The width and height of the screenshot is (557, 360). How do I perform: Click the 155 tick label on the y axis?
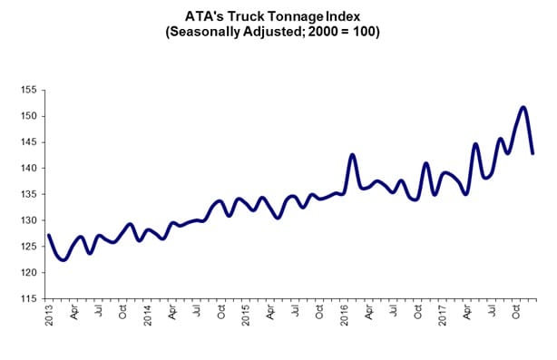[x=27, y=90]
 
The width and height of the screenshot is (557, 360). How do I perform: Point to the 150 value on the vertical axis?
[x=27, y=116]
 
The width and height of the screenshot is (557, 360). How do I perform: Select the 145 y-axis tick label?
[x=27, y=142]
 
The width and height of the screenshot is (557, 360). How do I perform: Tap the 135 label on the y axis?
[x=27, y=194]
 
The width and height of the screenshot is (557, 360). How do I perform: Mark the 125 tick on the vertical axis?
[x=27, y=247]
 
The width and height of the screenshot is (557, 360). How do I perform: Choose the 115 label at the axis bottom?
[x=27, y=298]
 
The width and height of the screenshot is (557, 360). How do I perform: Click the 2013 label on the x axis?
[x=49, y=316]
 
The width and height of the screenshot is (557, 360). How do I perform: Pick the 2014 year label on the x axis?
[x=147, y=316]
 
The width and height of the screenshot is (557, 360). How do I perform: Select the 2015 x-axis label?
[x=245, y=316]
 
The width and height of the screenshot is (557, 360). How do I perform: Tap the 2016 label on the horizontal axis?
[x=344, y=316]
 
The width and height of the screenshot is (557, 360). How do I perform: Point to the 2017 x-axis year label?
[x=442, y=316]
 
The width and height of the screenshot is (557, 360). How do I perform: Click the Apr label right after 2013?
[x=73, y=315]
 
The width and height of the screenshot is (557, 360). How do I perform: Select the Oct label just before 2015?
[x=220, y=315]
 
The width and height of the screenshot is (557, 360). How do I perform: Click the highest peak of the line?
[x=523, y=107]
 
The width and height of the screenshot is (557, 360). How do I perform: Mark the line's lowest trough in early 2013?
[x=63, y=260]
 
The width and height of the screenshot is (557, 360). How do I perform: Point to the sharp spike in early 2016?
[x=352, y=155]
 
